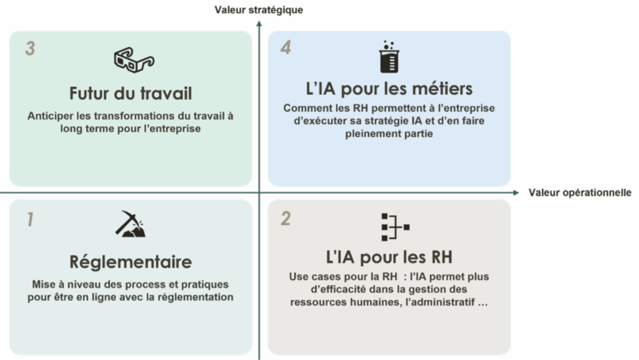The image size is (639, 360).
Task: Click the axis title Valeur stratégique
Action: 259,10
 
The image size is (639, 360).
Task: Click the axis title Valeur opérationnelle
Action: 580,192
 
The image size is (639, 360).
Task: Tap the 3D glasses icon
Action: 134,60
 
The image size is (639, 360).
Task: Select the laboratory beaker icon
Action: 389,57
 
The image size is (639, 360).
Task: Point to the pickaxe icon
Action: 130,224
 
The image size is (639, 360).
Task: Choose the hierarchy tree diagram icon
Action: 395,227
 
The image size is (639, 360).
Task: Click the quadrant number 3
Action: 30,49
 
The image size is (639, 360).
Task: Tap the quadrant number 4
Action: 286,47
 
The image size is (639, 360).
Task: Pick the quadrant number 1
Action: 30,220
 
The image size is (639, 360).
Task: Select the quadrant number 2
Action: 286,219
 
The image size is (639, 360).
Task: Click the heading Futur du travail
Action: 130,93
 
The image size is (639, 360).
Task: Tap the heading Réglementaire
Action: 130,262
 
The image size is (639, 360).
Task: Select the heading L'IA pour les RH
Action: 389,257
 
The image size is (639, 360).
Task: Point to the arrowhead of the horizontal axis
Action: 516,192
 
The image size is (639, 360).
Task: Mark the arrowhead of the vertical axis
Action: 259,24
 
